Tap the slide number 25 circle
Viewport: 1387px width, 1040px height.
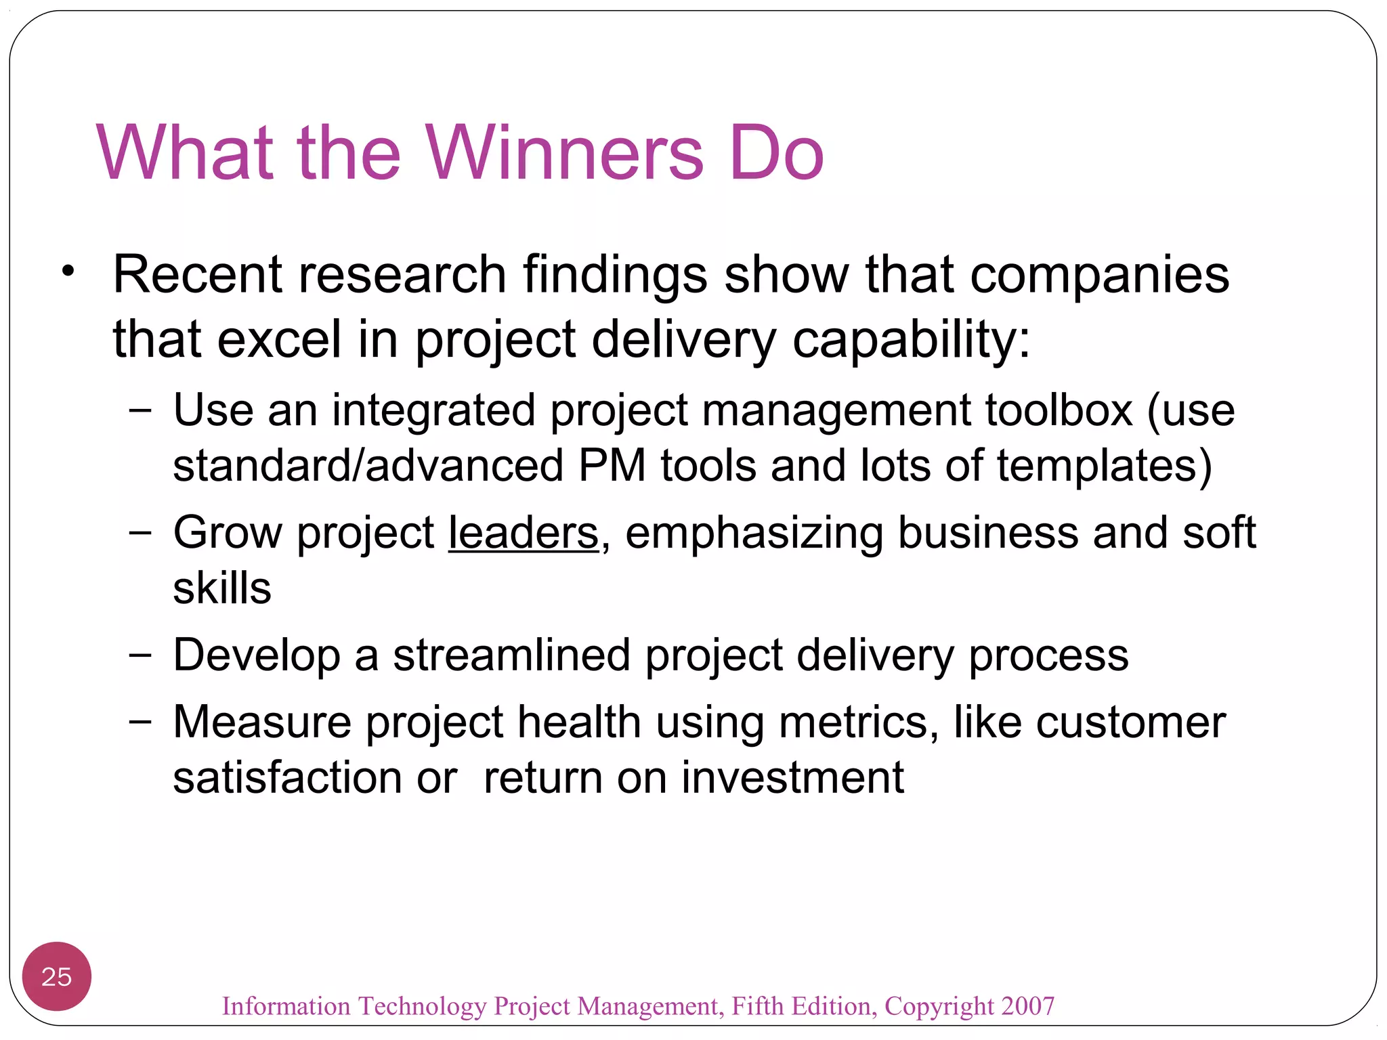pos(56,976)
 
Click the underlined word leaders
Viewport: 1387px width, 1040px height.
pos(524,533)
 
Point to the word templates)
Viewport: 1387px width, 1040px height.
pos(1104,467)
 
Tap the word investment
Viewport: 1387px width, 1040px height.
pos(792,777)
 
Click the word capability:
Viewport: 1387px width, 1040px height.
pos(911,340)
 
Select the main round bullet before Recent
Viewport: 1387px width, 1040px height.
pos(67,271)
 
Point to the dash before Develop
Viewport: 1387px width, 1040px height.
pos(140,655)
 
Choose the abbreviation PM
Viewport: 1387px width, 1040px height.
pos(612,466)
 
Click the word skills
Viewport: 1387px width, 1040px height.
pos(222,588)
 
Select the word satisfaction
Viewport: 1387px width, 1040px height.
pos(287,777)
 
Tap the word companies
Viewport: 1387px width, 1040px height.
pos(1099,275)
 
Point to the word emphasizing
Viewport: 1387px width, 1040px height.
pos(754,533)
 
